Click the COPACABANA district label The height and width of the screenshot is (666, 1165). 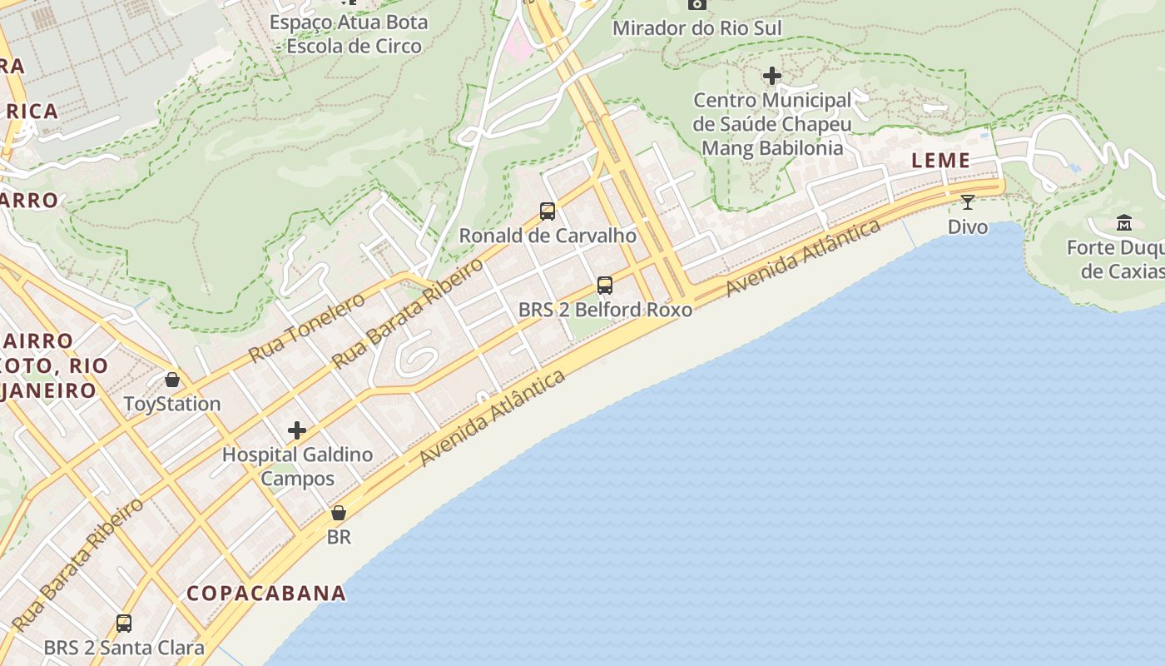pos(266,593)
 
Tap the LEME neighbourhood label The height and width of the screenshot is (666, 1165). pos(941,161)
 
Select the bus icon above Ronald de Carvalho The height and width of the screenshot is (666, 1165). pos(548,211)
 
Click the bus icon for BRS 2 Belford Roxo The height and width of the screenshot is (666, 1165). pos(605,286)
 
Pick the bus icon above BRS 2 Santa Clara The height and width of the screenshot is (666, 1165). pos(124,623)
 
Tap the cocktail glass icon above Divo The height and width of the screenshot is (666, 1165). pos(968,201)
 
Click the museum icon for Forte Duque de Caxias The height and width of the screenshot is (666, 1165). pos(1124,223)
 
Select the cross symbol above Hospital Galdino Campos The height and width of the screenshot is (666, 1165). pos(297,430)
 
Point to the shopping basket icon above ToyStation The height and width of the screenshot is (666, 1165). pos(172,380)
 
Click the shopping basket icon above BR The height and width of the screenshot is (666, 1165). pos(339,513)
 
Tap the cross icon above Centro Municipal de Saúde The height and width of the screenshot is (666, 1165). pos(772,77)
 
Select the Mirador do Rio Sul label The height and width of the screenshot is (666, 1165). pos(697,28)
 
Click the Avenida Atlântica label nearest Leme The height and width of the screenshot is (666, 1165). pos(804,258)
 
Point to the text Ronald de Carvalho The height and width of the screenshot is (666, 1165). pos(548,236)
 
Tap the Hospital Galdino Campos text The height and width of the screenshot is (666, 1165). pos(297,466)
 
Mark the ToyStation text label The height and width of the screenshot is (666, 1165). pos(172,404)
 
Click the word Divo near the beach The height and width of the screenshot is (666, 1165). pos(968,226)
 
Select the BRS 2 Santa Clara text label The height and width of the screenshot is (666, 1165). pos(124,647)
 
